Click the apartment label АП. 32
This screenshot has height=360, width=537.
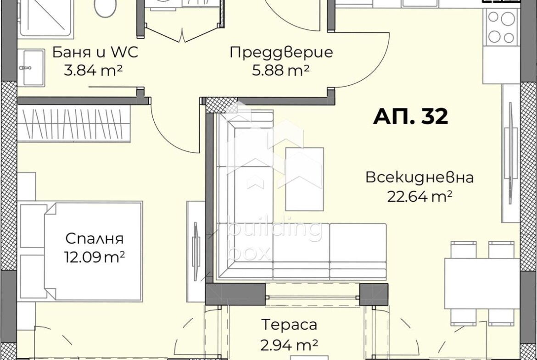(x=410, y=117)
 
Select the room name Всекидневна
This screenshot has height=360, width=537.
(x=420, y=177)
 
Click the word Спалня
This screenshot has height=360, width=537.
(x=95, y=239)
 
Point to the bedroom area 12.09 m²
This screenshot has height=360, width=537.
(x=95, y=257)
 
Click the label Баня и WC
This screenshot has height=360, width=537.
(x=95, y=52)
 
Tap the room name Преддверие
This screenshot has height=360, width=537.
(x=281, y=52)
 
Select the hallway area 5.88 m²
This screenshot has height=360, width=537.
(x=281, y=71)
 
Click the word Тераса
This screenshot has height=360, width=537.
(x=289, y=325)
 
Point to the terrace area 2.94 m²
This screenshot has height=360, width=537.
(x=289, y=344)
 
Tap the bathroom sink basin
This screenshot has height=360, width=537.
(x=31, y=68)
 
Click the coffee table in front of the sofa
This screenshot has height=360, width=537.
(x=304, y=179)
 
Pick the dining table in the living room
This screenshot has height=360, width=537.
(x=482, y=283)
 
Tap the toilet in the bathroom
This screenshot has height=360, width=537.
(x=105, y=7)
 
